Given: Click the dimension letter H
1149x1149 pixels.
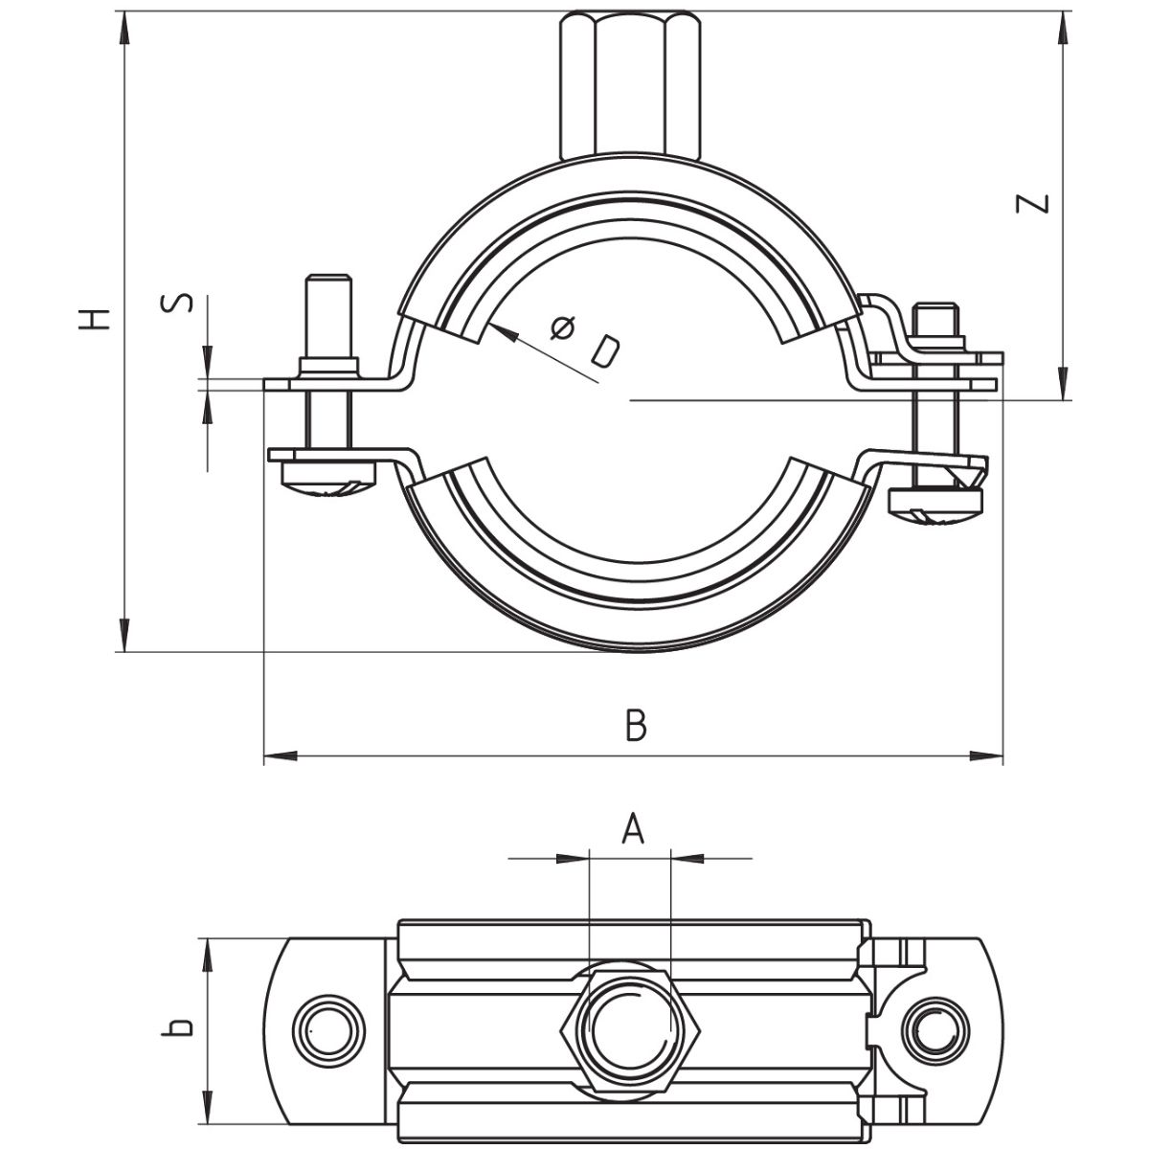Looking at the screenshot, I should pyautogui.click(x=95, y=319).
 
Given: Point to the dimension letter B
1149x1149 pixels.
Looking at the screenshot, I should pyautogui.click(x=636, y=725).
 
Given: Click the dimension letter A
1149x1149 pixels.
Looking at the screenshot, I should pyautogui.click(x=631, y=829).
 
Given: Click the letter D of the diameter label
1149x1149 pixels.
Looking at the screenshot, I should pyautogui.click(x=603, y=352).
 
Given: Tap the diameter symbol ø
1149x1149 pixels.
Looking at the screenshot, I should pyautogui.click(x=565, y=328).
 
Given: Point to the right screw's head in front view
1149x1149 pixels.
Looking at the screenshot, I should pyautogui.click(x=936, y=505).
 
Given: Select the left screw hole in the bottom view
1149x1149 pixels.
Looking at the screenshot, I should pyautogui.click(x=327, y=1028).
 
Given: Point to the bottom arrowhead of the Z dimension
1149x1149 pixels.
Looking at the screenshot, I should pyautogui.click(x=1063, y=385).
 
